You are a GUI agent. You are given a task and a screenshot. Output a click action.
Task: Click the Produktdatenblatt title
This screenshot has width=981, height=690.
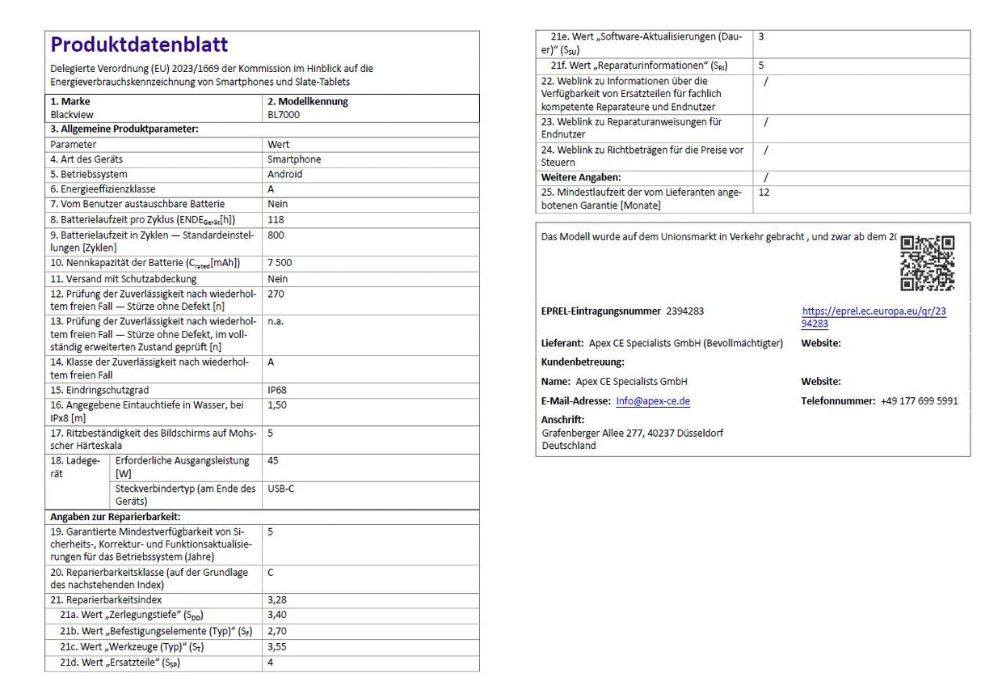click(139, 44)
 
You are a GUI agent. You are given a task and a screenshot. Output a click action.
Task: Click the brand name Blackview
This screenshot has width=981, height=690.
click(72, 115)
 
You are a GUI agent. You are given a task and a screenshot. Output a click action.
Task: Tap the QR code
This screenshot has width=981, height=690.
click(927, 263)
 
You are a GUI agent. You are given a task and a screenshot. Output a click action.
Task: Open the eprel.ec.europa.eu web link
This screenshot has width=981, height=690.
click(874, 317)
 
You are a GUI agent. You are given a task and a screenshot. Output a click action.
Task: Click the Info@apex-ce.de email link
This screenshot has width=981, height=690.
click(652, 401)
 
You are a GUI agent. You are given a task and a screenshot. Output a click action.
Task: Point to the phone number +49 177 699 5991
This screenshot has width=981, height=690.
click(920, 401)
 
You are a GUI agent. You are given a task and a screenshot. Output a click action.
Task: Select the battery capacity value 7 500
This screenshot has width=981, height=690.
click(280, 264)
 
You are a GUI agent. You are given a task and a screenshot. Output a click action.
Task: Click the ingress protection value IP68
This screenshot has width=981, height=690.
click(277, 390)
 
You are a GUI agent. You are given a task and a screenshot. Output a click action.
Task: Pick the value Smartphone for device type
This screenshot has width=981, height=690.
click(294, 159)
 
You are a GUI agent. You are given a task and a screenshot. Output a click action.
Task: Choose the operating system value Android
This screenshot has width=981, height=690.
click(285, 174)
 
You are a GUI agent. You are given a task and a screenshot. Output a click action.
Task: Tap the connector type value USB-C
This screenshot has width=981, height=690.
click(280, 489)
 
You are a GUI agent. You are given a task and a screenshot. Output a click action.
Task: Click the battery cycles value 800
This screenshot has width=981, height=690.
click(276, 235)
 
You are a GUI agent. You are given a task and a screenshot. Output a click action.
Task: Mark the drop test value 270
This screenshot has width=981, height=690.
click(276, 294)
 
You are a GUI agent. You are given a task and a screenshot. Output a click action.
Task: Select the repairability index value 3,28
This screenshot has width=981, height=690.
click(277, 600)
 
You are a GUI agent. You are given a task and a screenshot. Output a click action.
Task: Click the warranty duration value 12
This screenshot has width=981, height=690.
click(764, 193)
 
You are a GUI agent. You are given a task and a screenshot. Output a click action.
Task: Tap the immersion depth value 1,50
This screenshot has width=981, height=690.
click(277, 404)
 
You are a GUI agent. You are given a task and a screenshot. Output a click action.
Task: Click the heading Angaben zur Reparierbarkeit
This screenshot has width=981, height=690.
click(115, 517)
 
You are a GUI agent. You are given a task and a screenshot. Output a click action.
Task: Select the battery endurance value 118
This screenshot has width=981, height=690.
click(276, 219)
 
